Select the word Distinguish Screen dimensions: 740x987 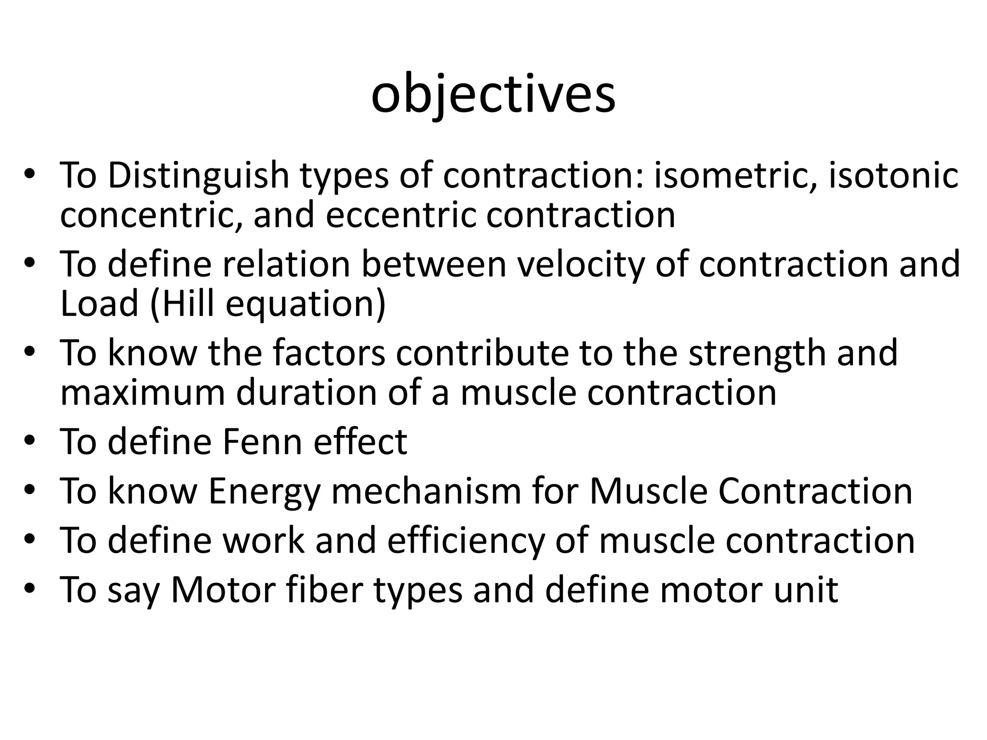coord(198,175)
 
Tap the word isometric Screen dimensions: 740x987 coord(734,175)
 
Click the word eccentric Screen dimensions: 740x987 coord(400,215)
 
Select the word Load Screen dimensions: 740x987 coord(99,304)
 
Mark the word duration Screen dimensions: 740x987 coord(306,393)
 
